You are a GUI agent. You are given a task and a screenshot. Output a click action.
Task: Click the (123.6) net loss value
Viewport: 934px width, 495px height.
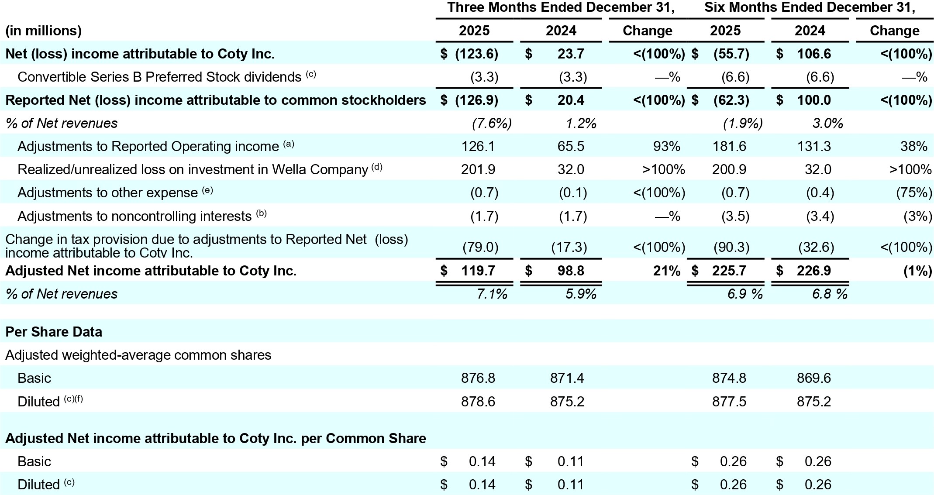pos(476,54)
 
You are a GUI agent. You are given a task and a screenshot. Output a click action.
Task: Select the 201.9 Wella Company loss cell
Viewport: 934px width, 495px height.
pos(478,169)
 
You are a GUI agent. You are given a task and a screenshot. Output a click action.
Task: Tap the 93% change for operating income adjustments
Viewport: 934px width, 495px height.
pos(667,146)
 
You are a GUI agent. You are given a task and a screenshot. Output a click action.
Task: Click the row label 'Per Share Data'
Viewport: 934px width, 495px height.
pos(54,332)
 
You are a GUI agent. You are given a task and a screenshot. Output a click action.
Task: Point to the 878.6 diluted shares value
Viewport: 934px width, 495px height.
pos(478,402)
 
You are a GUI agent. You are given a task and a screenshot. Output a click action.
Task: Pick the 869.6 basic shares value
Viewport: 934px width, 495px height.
pos(813,378)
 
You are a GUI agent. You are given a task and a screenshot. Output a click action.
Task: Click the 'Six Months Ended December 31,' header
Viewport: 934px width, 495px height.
pos(810,7)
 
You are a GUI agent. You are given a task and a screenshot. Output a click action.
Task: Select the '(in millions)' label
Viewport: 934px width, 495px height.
pos(43,31)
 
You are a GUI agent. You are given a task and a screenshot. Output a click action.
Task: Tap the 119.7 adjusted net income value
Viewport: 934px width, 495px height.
pos(478,271)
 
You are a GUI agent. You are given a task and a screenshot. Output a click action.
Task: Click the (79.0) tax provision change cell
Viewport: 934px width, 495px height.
pos(480,247)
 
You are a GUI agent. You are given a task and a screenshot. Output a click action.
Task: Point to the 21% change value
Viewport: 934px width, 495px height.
pos(666,271)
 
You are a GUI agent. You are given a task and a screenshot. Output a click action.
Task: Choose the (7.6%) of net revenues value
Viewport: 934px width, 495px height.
pos(492,124)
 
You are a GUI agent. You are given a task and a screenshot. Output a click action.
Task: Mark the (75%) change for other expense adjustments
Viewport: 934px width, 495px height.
pos(914,193)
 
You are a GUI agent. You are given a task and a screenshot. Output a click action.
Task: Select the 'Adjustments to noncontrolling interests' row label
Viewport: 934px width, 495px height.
pos(134,217)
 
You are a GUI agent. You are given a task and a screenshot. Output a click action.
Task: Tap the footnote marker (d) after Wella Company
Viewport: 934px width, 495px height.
pos(377,166)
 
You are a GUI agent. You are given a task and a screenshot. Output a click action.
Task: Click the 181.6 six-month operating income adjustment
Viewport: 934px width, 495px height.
pos(729,146)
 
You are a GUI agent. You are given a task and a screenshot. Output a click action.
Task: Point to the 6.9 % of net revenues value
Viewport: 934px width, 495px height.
pos(745,294)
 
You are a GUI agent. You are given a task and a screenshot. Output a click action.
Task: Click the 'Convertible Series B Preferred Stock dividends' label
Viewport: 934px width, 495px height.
pos(159,77)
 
